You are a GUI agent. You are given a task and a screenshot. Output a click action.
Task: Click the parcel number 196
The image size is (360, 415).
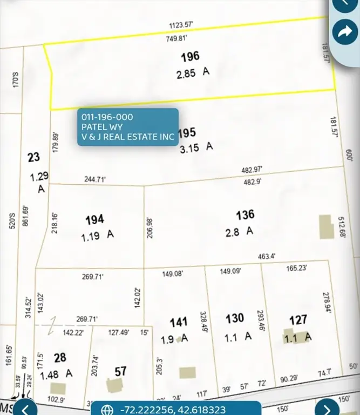[190, 56]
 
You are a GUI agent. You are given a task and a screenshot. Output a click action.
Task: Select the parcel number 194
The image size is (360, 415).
[95, 219]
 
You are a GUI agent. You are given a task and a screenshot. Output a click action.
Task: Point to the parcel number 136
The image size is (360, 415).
[245, 215]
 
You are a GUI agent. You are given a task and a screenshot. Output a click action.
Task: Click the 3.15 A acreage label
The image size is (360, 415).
[196, 146]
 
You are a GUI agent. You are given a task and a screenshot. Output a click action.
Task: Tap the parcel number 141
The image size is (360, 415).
[179, 323]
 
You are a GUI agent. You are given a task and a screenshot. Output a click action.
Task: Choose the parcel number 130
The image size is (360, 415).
[235, 318]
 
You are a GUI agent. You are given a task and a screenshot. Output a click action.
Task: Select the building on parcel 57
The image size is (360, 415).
[114, 386]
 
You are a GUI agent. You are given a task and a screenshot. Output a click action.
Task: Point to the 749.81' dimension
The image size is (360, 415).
[178, 38]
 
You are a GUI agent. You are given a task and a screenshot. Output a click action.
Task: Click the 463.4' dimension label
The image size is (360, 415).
[267, 256]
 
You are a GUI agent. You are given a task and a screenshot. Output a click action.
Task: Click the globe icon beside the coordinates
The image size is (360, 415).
[107, 409]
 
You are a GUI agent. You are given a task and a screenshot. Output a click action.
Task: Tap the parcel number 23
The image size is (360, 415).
[33, 157]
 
